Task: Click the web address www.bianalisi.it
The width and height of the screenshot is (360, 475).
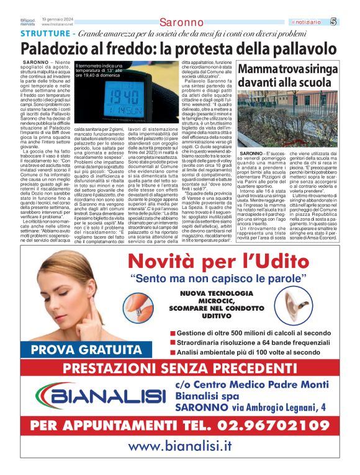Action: [x=179, y=446]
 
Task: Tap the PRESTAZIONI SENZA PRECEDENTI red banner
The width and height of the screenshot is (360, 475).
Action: [x=181, y=369]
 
